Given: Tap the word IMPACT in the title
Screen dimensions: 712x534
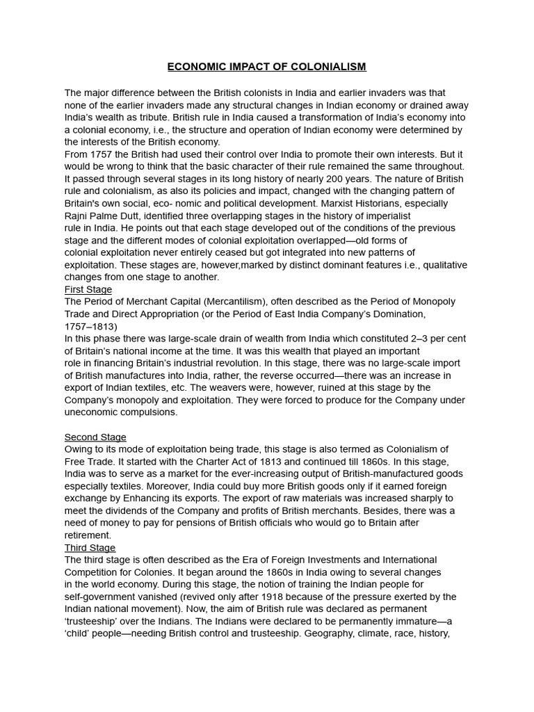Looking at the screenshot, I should point(248,67).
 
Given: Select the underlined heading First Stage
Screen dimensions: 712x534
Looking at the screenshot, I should point(88,289).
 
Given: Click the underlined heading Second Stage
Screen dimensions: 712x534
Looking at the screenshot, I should point(95,437).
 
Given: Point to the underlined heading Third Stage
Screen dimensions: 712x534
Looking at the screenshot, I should point(90,548).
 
